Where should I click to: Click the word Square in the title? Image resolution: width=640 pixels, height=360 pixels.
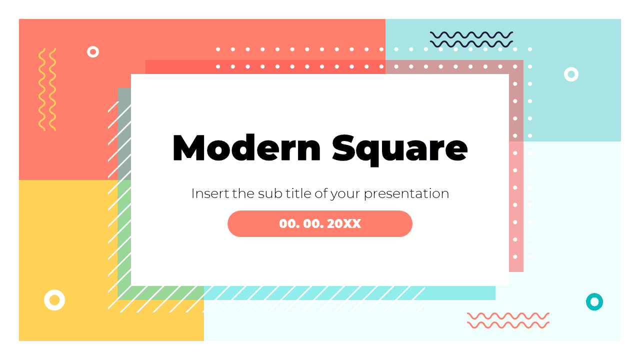pyautogui.click(x=399, y=148)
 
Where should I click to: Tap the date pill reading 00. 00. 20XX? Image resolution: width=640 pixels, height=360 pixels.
pyautogui.click(x=320, y=223)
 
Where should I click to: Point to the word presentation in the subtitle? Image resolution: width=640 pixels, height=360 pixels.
pyautogui.click(x=406, y=194)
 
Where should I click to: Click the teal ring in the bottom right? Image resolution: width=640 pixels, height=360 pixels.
pyautogui.click(x=594, y=301)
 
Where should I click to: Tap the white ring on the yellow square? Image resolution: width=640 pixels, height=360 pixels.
pyautogui.click(x=54, y=300)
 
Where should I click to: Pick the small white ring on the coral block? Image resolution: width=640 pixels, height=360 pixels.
pyautogui.click(x=93, y=51)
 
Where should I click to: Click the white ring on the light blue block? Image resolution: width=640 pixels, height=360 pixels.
pyautogui.click(x=571, y=74)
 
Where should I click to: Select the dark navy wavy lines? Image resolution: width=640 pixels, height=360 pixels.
pyautogui.click(x=471, y=39)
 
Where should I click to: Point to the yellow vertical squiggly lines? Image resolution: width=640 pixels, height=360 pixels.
pyautogui.click(x=47, y=89)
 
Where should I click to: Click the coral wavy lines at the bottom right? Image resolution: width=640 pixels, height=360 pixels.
pyautogui.click(x=508, y=320)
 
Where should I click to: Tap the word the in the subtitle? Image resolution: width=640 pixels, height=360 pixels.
pyautogui.click(x=243, y=193)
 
